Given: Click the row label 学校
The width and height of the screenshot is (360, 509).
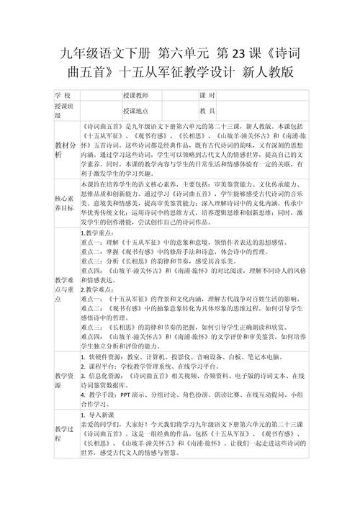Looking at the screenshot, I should tap(63, 95).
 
